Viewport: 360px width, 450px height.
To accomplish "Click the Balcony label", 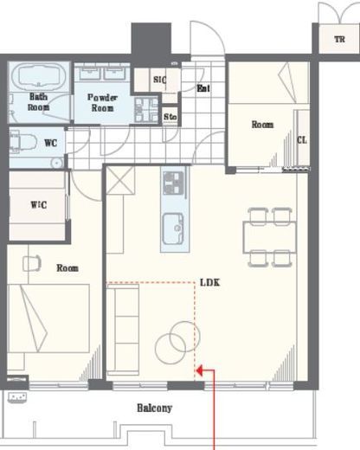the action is coord(155,408).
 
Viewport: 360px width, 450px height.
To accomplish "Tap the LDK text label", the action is coord(210,282).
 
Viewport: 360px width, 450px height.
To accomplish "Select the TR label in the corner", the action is coord(339,39).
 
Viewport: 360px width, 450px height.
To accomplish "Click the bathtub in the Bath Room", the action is coord(38,75).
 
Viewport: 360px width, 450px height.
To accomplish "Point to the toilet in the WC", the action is coord(22,143).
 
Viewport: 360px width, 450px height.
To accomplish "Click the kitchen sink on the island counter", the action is coord(173,228).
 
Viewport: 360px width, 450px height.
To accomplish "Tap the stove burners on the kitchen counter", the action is coord(173,183).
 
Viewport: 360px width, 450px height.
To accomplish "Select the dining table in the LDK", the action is coord(269,237).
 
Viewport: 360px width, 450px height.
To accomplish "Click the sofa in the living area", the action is coord(123,330).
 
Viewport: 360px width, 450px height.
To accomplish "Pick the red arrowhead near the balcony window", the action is coord(200,370).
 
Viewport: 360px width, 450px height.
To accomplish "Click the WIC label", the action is coord(39,205).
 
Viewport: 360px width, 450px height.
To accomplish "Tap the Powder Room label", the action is coord(102,103).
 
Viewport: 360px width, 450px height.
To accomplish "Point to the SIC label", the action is coord(160,80).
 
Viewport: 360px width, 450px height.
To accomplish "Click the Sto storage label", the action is coord(170,117).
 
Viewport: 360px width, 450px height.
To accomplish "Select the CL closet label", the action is coord(302,140).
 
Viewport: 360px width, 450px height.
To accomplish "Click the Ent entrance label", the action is coord(203,88).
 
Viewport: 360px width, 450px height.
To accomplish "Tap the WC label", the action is coord(50,143).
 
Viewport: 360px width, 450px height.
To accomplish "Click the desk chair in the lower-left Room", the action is coord(32,263).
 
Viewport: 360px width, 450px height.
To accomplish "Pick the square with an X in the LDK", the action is coord(120,180).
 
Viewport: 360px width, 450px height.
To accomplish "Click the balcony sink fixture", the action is coord(17,397).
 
